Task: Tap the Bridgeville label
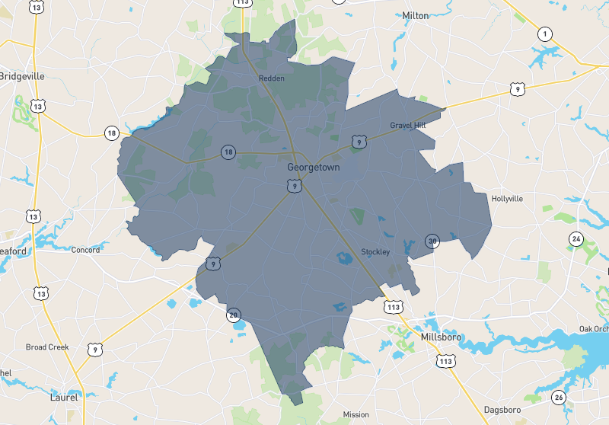(22, 76)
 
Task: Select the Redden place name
(271, 78)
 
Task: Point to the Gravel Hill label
(408, 125)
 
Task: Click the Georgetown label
(314, 167)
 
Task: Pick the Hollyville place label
(507, 198)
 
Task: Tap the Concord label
(85, 250)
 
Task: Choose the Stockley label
(375, 252)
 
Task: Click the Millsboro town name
(442, 336)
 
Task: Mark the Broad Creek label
(47, 347)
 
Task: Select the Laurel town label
(63, 397)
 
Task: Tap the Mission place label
(356, 415)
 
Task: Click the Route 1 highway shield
(544, 34)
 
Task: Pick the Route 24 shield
(576, 240)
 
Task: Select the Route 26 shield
(559, 397)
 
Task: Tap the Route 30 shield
(432, 241)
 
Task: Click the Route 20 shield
(234, 315)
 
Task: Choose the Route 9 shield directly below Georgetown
(294, 185)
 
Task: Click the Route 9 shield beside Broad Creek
(94, 350)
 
